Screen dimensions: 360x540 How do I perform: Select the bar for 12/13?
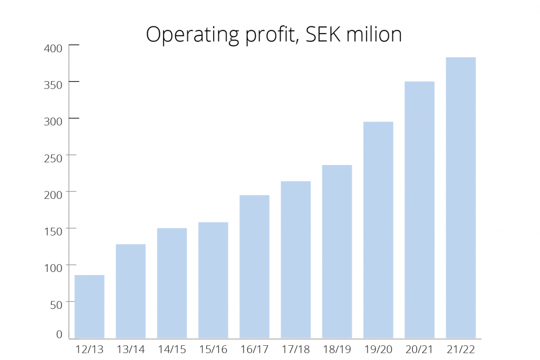click(x=89, y=306)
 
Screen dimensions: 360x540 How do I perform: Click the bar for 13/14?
click(x=131, y=291)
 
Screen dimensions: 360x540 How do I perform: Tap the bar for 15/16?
click(x=213, y=280)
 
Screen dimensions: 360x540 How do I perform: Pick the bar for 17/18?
click(x=296, y=259)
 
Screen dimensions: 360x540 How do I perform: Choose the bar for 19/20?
click(x=378, y=230)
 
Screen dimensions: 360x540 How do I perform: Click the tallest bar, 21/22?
click(x=460, y=198)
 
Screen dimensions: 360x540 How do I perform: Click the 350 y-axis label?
click(x=54, y=85)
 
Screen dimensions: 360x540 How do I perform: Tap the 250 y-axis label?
click(x=54, y=158)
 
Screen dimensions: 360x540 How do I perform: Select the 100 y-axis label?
click(x=54, y=267)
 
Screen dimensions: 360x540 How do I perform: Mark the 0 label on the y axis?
click(x=59, y=334)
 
